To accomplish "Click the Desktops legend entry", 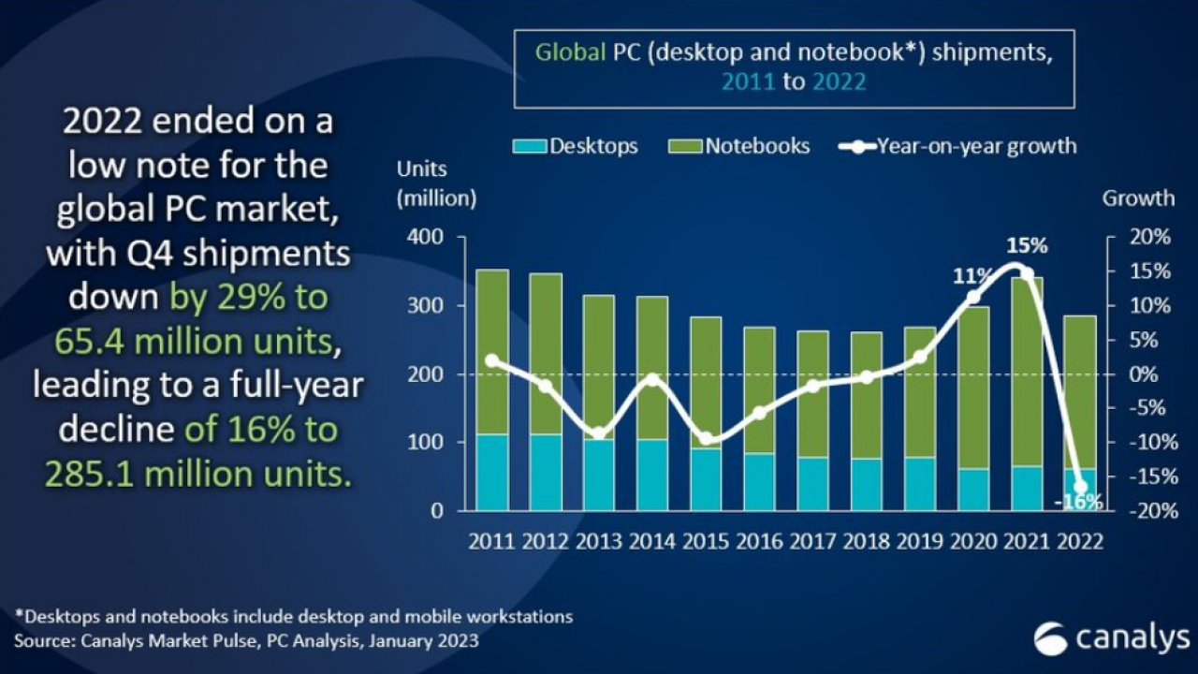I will coord(576,147).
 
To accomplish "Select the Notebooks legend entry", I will coord(739,147).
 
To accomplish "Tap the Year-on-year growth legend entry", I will coord(958,147).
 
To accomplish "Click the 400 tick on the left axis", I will coord(424,238).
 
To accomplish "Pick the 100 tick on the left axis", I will coord(424,443).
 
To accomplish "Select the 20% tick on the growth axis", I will coord(1148,238).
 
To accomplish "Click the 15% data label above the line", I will coord(1026,246).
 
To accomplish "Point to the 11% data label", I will coord(972,275).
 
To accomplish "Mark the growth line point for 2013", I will coord(599,433).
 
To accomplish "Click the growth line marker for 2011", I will coord(492,360).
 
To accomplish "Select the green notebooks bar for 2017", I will coord(813,393).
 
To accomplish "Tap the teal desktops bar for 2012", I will coord(546,473).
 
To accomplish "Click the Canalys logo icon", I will coord(1050,638).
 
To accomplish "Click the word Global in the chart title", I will coord(570,52).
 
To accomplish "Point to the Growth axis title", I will coord(1137,198).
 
